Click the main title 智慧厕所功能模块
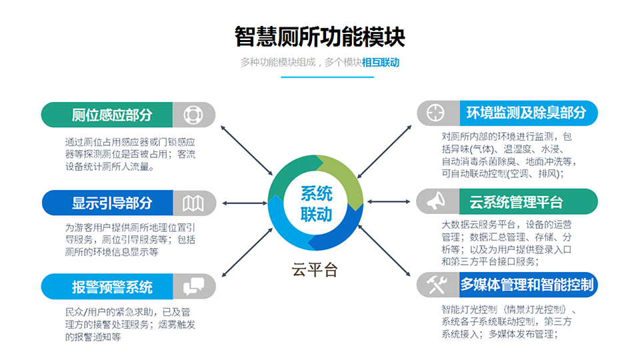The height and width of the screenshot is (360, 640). tap(319, 37)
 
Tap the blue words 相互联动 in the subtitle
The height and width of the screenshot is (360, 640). tap(381, 63)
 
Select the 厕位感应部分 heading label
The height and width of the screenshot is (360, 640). tap(112, 115)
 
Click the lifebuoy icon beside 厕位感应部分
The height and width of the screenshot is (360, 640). tap(193, 115)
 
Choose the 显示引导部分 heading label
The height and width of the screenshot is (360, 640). tap(112, 203)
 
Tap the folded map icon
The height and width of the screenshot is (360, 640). tap(193, 203)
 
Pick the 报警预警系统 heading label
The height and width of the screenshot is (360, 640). tap(112, 287)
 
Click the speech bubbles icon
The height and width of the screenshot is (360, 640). tap(193, 286)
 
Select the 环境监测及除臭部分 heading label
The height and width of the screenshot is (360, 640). tap(526, 113)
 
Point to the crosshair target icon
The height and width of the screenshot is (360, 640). tap(435, 113)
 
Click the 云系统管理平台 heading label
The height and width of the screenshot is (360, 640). tap(516, 202)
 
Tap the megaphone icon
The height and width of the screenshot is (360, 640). tap(436, 201)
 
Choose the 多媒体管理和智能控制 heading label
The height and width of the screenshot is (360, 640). tap(527, 285)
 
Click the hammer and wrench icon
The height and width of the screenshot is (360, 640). tap(436, 285)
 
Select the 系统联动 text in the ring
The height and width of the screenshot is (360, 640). tap(316, 204)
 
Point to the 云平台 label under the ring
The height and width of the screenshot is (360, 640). tap(314, 270)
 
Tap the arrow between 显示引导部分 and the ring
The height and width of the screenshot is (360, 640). tap(245, 203)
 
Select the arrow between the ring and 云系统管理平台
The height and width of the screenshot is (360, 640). tap(389, 201)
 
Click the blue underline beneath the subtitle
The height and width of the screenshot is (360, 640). tap(327, 77)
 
